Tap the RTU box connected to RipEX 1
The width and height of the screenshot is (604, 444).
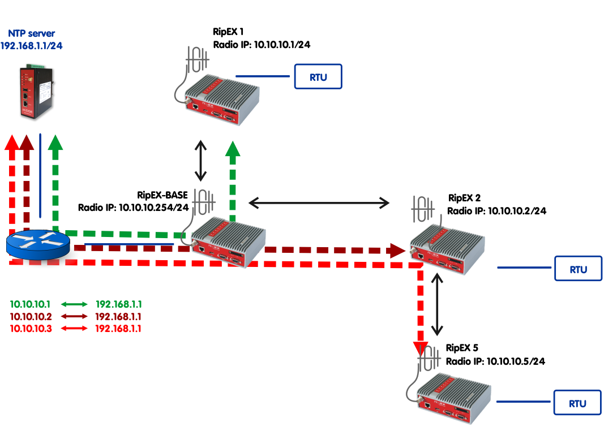coord(318,77)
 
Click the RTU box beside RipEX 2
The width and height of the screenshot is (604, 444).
coord(578,269)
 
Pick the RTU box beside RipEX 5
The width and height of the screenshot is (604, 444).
coord(577,403)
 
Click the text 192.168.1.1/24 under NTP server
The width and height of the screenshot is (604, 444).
coord(32,46)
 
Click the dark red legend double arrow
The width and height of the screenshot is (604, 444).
coord(72,316)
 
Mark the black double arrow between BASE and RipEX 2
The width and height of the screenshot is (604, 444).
coord(320,202)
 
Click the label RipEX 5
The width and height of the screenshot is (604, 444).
coord(462,348)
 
